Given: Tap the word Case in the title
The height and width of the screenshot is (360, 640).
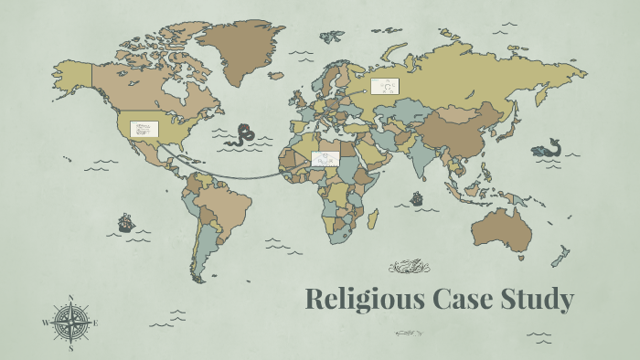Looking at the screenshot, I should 447,300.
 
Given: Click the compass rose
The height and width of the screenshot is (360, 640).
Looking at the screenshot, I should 71,323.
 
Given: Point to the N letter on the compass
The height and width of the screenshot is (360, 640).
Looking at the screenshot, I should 71,297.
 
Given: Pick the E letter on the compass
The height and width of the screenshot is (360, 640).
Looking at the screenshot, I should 97,323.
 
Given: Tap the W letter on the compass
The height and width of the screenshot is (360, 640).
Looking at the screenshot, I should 46,323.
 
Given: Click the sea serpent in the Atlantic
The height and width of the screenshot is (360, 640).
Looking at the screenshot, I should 244,135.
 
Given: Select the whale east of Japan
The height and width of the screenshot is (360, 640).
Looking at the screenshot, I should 548,149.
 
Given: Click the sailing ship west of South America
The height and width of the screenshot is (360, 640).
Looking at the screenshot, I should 125,222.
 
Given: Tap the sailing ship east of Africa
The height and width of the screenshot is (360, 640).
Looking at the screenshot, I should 417,197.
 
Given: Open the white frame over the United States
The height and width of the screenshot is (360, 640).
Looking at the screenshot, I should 144,130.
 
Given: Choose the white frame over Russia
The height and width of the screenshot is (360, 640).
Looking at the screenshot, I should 385,87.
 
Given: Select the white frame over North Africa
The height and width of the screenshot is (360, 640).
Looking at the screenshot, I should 325,159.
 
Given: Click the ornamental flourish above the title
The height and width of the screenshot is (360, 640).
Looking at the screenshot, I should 410,267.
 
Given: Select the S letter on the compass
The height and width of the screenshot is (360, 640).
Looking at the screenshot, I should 71,348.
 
